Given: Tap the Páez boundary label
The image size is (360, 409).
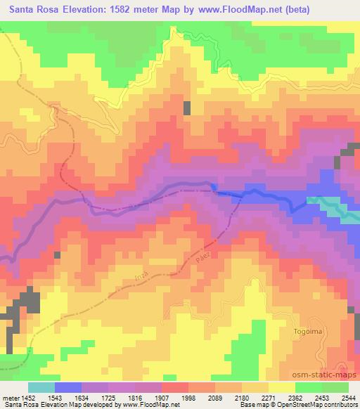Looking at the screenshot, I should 205,258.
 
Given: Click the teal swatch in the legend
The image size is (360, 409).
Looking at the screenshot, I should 41,387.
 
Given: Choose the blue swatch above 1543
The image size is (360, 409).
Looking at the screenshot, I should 68,387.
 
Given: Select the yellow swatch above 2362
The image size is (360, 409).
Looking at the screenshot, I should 282,387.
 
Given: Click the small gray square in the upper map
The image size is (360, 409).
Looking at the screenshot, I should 188,108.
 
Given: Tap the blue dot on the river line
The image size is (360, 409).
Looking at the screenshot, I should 214,186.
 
